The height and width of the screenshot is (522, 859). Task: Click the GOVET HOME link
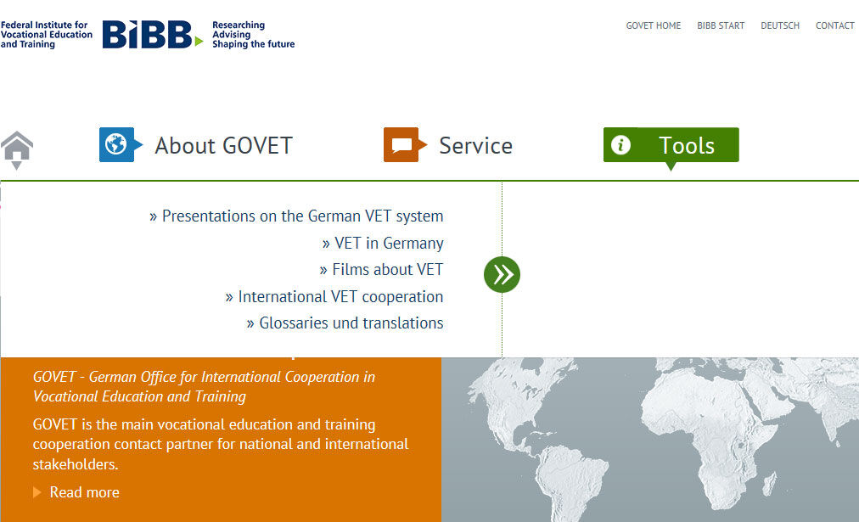click(x=653, y=25)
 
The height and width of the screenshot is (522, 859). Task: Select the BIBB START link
click(x=721, y=25)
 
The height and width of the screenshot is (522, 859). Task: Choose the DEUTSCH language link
click(x=779, y=25)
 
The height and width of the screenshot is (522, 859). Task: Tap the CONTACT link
click(x=835, y=25)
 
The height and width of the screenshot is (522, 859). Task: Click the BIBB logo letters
click(x=148, y=35)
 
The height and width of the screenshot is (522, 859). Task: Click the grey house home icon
click(x=17, y=149)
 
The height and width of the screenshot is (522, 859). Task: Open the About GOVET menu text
click(x=223, y=146)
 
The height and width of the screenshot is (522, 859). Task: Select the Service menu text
click(x=475, y=146)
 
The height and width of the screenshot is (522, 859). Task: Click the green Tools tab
click(x=671, y=146)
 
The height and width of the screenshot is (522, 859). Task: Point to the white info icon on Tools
click(x=620, y=144)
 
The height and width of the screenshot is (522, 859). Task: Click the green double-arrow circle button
click(x=502, y=274)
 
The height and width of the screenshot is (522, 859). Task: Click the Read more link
click(x=84, y=492)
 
